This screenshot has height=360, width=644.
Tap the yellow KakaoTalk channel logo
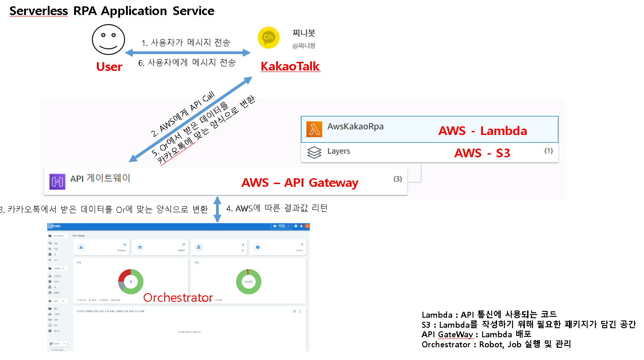click(269, 37)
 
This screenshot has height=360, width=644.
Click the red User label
click(109, 67)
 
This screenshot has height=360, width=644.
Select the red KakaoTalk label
click(290, 67)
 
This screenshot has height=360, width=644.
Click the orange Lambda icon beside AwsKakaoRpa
click(314, 129)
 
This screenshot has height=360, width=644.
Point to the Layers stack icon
click(314, 152)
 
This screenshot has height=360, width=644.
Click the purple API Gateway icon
click(58, 181)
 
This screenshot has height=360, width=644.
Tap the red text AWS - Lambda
click(483, 131)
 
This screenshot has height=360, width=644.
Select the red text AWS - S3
click(482, 153)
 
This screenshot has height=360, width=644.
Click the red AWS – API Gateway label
click(300, 183)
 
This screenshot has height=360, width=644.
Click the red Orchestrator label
click(178, 298)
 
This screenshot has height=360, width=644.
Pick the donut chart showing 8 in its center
click(131, 282)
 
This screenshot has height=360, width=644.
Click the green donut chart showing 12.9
click(249, 282)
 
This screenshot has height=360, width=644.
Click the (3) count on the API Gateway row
click(397, 179)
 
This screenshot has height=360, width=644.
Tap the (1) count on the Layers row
click(548, 150)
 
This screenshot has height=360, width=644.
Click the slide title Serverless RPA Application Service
click(112, 11)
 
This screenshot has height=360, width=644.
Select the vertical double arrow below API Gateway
click(218, 209)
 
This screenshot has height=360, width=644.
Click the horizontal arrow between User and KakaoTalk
click(188, 53)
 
